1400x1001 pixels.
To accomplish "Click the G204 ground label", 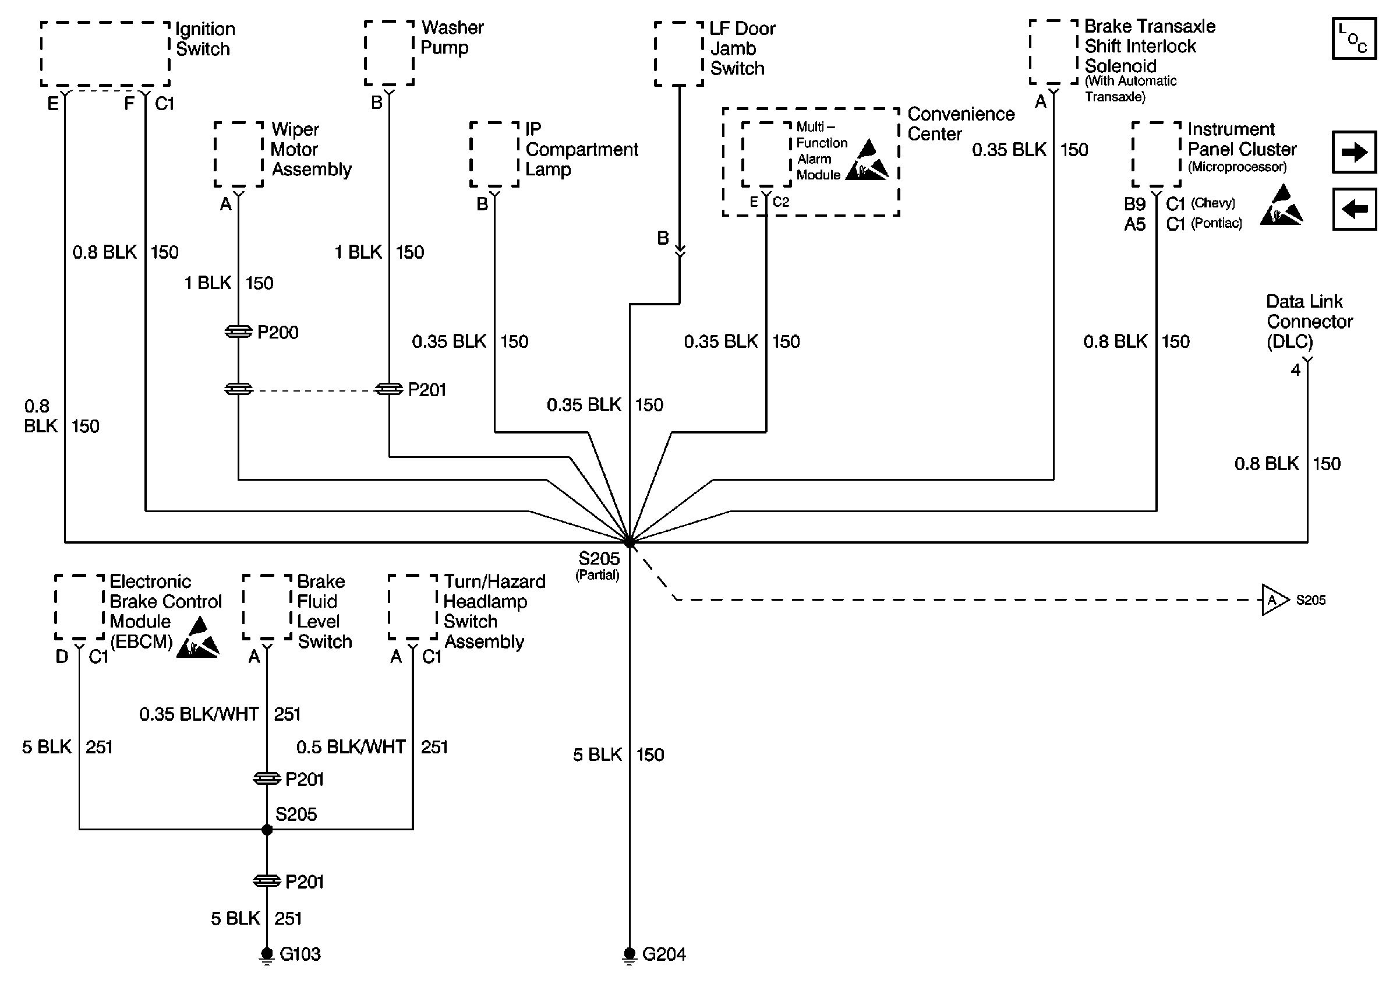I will click(x=663, y=954).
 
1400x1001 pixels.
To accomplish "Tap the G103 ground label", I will click(x=300, y=954).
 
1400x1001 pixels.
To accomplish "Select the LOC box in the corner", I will click(x=1353, y=39).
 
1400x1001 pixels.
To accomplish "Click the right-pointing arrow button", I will click(x=1354, y=151).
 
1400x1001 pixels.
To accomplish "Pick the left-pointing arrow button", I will click(x=1354, y=209).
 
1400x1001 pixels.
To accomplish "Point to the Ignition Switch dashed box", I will click(x=105, y=54).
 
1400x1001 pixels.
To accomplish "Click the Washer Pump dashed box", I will click(x=388, y=52).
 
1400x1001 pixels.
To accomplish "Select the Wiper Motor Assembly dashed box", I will click(x=238, y=154).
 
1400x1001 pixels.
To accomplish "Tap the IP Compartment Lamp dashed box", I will click(x=494, y=154).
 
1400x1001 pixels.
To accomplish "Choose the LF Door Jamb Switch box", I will click(x=679, y=54).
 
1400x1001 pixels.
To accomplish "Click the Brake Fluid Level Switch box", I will click(x=267, y=607).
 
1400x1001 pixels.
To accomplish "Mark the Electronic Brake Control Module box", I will click(x=79, y=607).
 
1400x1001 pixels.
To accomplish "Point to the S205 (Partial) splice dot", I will click(x=630, y=542).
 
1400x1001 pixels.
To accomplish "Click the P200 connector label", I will click(x=277, y=332).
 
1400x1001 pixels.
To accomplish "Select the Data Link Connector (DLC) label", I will click(x=1308, y=321).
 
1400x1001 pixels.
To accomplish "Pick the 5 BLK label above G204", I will click(x=597, y=755).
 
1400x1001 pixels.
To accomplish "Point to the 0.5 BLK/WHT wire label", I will click(x=351, y=746).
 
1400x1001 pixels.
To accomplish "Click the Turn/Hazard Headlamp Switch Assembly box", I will click(x=413, y=607).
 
